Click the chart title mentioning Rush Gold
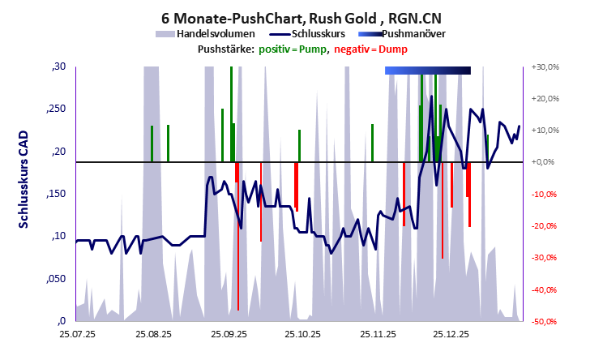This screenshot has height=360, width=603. click(x=301, y=16)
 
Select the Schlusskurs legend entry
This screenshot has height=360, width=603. click(x=315, y=34)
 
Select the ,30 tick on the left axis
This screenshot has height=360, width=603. click(x=58, y=67)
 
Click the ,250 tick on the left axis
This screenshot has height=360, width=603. click(x=56, y=109)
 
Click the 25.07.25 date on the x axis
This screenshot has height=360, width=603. click(x=76, y=333)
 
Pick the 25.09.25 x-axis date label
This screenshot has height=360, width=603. click(x=228, y=333)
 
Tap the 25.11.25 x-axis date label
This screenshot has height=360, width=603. click(x=378, y=333)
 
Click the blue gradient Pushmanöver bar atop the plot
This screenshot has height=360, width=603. click(x=427, y=71)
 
